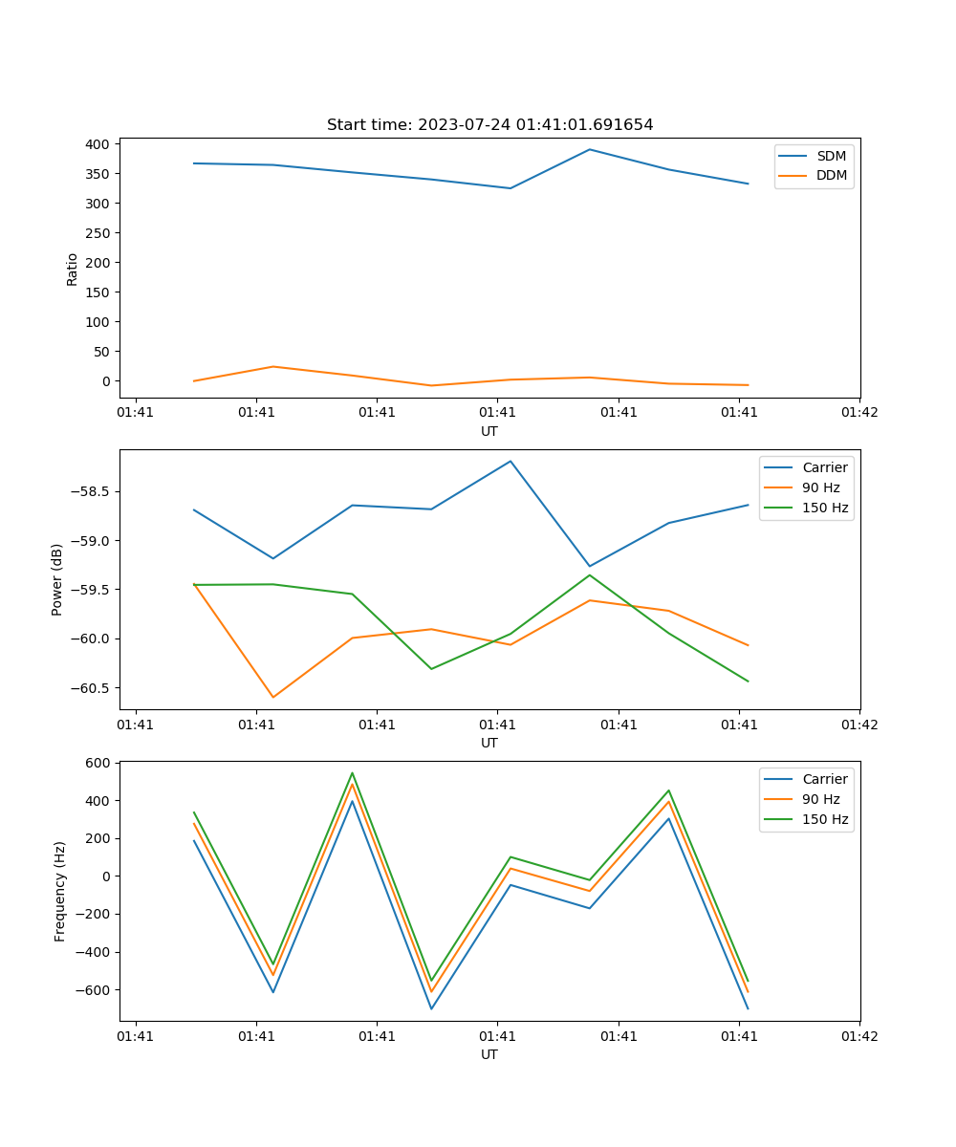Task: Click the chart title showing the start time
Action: tap(489, 125)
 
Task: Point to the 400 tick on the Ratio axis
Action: tap(98, 144)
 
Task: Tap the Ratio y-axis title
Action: tap(73, 269)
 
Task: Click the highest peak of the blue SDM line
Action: tap(590, 149)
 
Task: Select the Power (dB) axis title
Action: tap(57, 579)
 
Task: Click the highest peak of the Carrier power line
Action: tap(511, 461)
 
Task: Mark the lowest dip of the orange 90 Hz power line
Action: tap(273, 697)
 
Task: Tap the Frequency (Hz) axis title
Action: tap(60, 891)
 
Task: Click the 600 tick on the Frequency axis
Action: tap(98, 763)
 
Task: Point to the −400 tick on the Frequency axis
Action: tap(92, 952)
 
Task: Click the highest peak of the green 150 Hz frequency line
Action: tap(352, 772)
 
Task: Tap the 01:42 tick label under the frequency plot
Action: tap(859, 1036)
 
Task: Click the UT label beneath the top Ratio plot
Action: tap(489, 431)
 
